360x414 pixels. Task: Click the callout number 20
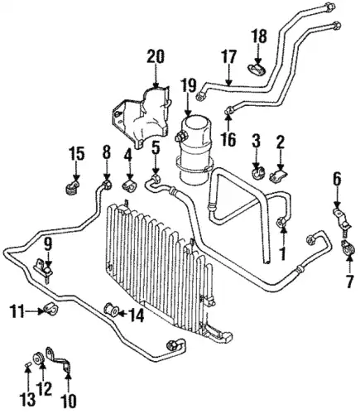click(x=156, y=56)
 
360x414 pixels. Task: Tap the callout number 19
click(x=188, y=85)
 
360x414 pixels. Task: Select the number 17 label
click(x=228, y=56)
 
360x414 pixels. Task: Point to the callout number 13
click(x=27, y=399)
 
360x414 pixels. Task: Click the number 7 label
click(x=350, y=282)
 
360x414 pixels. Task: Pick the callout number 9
click(x=48, y=244)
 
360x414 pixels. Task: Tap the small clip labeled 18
click(x=257, y=69)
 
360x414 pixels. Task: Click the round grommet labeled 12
click(x=39, y=358)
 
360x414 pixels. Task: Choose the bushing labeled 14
click(x=111, y=310)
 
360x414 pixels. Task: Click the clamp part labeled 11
click(x=50, y=310)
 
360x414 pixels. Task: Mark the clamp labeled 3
click(x=257, y=171)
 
